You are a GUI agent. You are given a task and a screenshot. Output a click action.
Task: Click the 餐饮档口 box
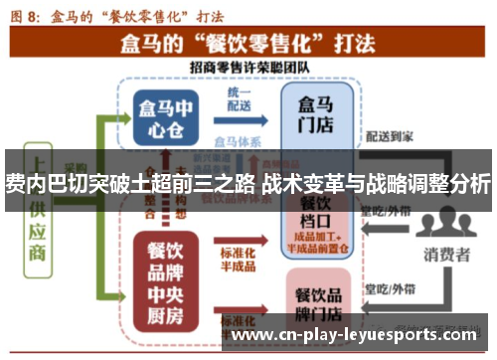(x=314, y=218)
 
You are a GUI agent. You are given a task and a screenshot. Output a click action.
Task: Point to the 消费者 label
(x=446, y=255)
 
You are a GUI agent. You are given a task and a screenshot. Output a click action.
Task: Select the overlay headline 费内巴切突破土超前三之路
(x=129, y=184)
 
